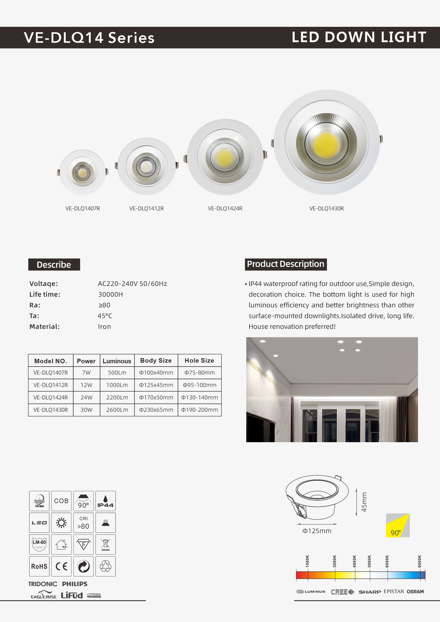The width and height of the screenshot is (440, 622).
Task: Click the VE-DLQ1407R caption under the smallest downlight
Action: (x=83, y=208)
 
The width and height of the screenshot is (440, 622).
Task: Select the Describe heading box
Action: (x=54, y=264)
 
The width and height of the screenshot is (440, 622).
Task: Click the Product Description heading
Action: (x=285, y=264)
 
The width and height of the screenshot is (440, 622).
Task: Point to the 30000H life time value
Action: (x=110, y=294)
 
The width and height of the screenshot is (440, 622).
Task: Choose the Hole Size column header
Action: (x=199, y=361)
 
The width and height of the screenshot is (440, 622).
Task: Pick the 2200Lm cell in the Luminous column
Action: (x=117, y=397)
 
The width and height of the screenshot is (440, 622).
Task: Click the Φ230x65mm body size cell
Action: (x=156, y=410)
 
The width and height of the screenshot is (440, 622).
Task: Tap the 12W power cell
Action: (x=86, y=385)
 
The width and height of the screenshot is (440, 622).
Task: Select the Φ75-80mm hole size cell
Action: (x=200, y=373)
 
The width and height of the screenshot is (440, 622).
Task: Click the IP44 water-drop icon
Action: (x=105, y=501)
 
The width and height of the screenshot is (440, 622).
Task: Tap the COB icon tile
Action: (x=61, y=501)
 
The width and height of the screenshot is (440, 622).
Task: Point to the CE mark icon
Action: (x=61, y=566)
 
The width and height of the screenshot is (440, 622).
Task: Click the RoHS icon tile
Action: (x=39, y=566)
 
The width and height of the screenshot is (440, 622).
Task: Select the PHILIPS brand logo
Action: (x=75, y=584)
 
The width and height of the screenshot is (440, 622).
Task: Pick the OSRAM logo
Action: (x=415, y=592)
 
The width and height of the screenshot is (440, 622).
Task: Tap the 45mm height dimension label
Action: (x=364, y=502)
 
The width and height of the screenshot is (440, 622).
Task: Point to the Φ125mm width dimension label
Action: (x=317, y=531)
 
